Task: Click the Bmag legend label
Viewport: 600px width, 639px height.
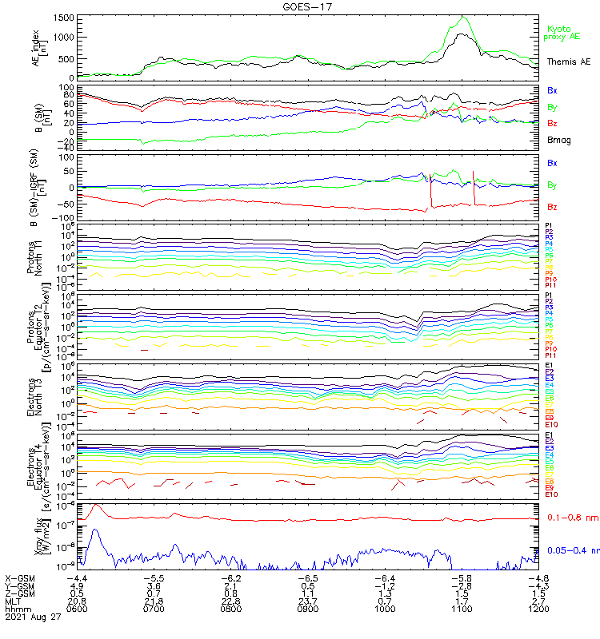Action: click(x=558, y=140)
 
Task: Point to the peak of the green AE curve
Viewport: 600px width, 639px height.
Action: click(x=463, y=17)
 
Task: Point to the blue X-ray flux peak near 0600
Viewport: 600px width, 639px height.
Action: click(x=95, y=530)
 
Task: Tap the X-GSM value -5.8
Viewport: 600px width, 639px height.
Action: click(x=463, y=577)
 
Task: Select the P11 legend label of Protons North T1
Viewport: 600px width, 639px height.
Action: click(x=550, y=285)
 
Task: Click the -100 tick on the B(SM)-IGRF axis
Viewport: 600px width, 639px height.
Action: click(x=65, y=217)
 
